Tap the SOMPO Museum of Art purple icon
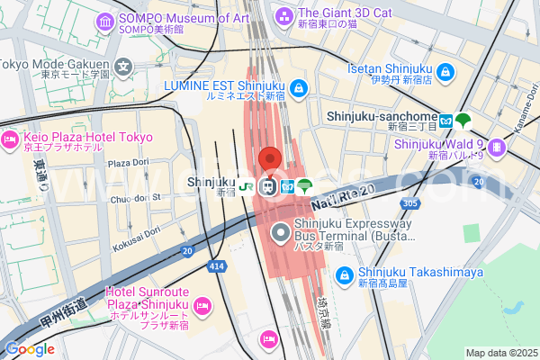pyautogui.click(x=106, y=21)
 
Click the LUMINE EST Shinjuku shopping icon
pyautogui.click(x=300, y=88)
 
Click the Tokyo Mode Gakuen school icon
pyautogui.click(x=123, y=66)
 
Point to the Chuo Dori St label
pyautogui.click(x=131, y=197)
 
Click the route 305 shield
pyautogui.click(x=410, y=204)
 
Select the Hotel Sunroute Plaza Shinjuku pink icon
pyautogui.click(x=202, y=306)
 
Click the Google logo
pyautogui.click(x=29, y=349)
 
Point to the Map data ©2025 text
pyautogui.click(x=499, y=353)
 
